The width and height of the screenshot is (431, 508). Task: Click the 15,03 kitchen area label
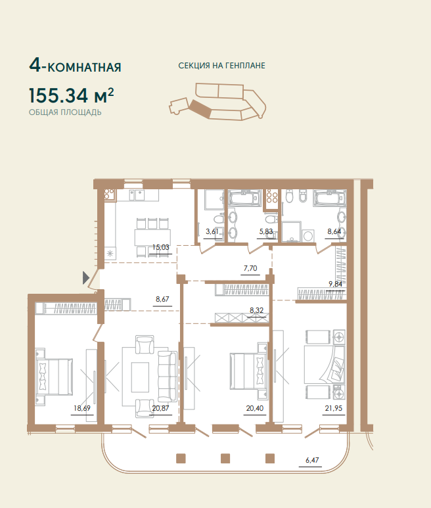[161, 247]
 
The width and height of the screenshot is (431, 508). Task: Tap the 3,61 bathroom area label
[212, 231]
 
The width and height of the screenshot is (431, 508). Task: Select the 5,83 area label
[266, 231]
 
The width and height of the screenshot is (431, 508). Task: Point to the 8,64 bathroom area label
[334, 231]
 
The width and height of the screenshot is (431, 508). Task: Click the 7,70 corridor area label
[250, 268]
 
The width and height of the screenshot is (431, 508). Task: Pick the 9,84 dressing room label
[336, 284]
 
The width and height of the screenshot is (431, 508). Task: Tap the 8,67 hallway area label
[162, 299]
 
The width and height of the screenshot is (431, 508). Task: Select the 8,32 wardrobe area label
[256, 310]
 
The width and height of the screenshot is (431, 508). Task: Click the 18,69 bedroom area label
[82, 408]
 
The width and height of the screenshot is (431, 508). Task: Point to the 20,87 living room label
[160, 408]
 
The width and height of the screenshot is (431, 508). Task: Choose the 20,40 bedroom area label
[255, 408]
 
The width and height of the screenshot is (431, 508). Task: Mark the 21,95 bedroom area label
[334, 408]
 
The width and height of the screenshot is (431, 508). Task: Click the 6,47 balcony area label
[312, 460]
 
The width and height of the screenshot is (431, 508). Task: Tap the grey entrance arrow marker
[85, 277]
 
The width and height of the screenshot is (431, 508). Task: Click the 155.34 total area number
[58, 95]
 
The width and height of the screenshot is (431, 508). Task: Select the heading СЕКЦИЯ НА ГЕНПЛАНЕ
[222, 66]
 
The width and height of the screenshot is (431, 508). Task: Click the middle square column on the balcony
[225, 459]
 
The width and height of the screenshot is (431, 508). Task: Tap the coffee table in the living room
[140, 377]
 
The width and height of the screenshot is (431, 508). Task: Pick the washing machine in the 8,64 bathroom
[307, 235]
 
